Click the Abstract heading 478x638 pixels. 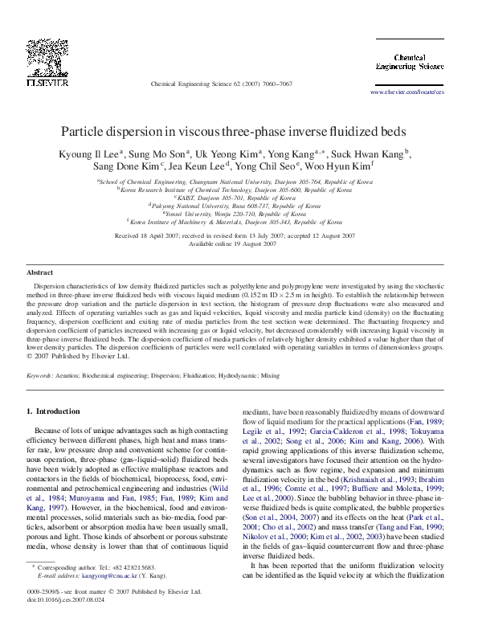coord(40,273)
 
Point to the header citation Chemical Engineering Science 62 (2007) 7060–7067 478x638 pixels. coord(222,84)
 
